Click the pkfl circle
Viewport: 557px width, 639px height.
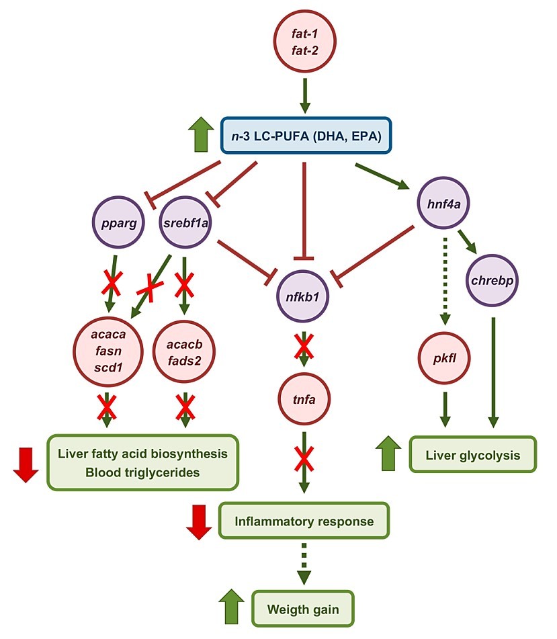[441, 357]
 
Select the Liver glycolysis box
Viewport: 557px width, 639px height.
[473, 456]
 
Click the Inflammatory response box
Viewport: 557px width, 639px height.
[304, 521]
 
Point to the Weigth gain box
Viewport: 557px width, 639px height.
[303, 609]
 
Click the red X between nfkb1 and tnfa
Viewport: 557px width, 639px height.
[304, 348]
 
